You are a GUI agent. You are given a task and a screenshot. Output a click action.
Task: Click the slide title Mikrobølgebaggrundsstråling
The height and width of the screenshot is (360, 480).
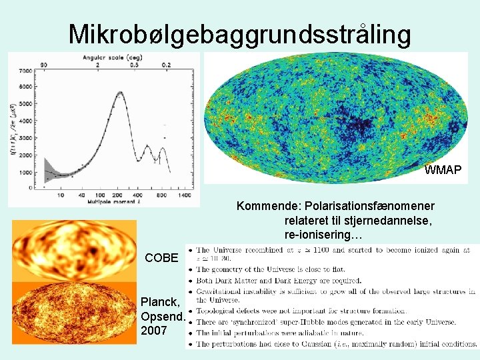239,34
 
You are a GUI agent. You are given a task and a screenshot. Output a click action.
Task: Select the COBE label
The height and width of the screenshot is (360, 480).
161,257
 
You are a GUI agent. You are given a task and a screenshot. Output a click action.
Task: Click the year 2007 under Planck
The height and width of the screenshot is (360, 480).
154,330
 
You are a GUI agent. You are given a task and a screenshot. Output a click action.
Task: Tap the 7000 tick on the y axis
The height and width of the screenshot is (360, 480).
25,71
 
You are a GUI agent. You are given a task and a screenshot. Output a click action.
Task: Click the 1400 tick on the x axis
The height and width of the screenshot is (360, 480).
185,195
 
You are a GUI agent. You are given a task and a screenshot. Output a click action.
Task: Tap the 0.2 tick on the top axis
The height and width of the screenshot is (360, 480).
165,65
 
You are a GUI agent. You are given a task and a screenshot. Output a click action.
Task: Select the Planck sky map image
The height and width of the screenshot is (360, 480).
73,313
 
